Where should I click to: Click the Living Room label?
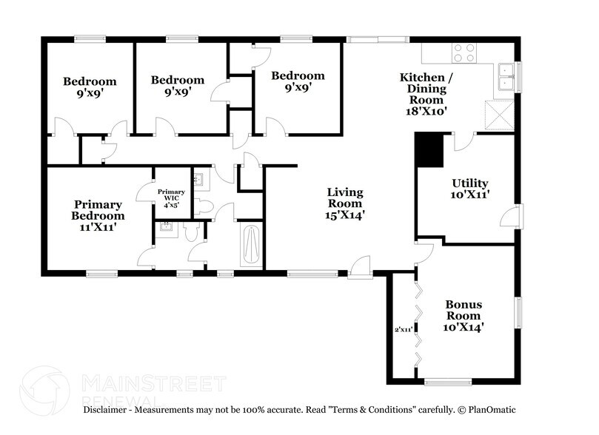pos(345,203)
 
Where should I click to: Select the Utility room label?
pos(470,189)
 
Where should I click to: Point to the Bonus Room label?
pos(464,315)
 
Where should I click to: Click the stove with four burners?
pos(464,53)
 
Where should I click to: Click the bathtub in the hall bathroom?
pos(250,243)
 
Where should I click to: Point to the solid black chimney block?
pos(427,150)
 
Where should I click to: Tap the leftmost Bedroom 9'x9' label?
pos(90,87)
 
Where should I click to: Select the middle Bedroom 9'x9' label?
pos(178,86)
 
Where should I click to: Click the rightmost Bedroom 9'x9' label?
pos(298,81)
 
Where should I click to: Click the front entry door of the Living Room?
pos(361,266)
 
